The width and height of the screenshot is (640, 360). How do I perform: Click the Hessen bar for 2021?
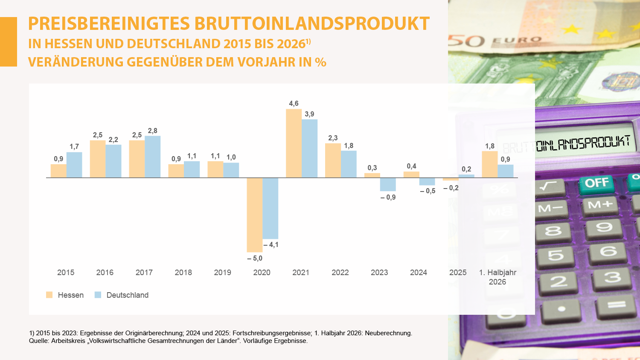click(x=294, y=143)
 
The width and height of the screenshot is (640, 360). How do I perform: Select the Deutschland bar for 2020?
click(x=270, y=208)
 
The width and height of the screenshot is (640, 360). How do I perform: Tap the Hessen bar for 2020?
click(x=255, y=215)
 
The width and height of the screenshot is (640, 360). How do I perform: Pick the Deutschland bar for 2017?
click(x=153, y=157)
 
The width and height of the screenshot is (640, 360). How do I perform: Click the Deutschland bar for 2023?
click(x=388, y=184)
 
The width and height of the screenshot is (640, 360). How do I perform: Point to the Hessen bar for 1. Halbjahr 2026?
click(x=490, y=164)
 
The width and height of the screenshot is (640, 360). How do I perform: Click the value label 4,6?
click(x=294, y=103)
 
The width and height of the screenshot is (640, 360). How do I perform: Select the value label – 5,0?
click(x=255, y=258)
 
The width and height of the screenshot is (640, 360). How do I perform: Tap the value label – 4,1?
click(x=271, y=244)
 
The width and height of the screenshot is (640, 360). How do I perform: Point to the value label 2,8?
click(x=153, y=131)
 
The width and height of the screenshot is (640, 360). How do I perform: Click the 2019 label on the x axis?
click(x=223, y=273)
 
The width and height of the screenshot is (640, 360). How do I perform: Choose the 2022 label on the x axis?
click(x=340, y=273)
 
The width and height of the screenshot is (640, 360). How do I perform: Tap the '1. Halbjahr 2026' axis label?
click(x=498, y=277)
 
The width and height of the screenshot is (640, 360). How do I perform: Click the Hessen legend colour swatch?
click(x=49, y=295)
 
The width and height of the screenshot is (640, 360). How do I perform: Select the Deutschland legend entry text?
click(x=128, y=295)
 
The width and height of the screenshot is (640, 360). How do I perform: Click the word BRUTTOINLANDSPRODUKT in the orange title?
click(x=312, y=23)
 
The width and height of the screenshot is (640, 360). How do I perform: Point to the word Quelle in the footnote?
click(x=38, y=341)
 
